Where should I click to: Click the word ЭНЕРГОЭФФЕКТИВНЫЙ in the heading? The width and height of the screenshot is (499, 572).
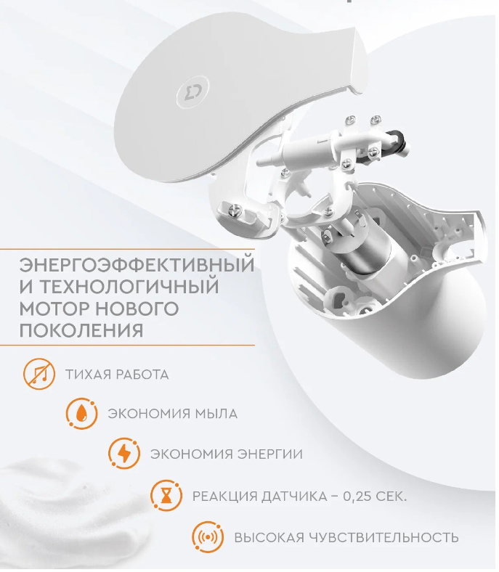click(x=137, y=265)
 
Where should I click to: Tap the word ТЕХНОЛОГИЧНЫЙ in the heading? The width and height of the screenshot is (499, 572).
click(x=129, y=287)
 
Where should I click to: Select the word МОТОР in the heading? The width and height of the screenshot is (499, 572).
click(x=54, y=309)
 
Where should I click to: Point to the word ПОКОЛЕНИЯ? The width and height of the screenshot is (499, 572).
click(x=81, y=330)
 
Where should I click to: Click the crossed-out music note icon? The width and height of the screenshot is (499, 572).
click(x=39, y=375)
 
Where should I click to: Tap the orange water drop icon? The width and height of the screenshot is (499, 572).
click(x=82, y=414)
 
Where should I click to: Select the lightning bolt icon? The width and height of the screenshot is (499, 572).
click(x=124, y=454)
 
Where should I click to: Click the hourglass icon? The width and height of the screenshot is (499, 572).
click(x=166, y=496)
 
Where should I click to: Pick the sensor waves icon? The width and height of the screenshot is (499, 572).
click(x=208, y=537)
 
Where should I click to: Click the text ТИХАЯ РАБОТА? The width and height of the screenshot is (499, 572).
click(x=117, y=375)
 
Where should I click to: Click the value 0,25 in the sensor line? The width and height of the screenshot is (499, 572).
click(x=359, y=496)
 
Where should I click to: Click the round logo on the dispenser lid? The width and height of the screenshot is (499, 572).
click(x=192, y=91)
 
